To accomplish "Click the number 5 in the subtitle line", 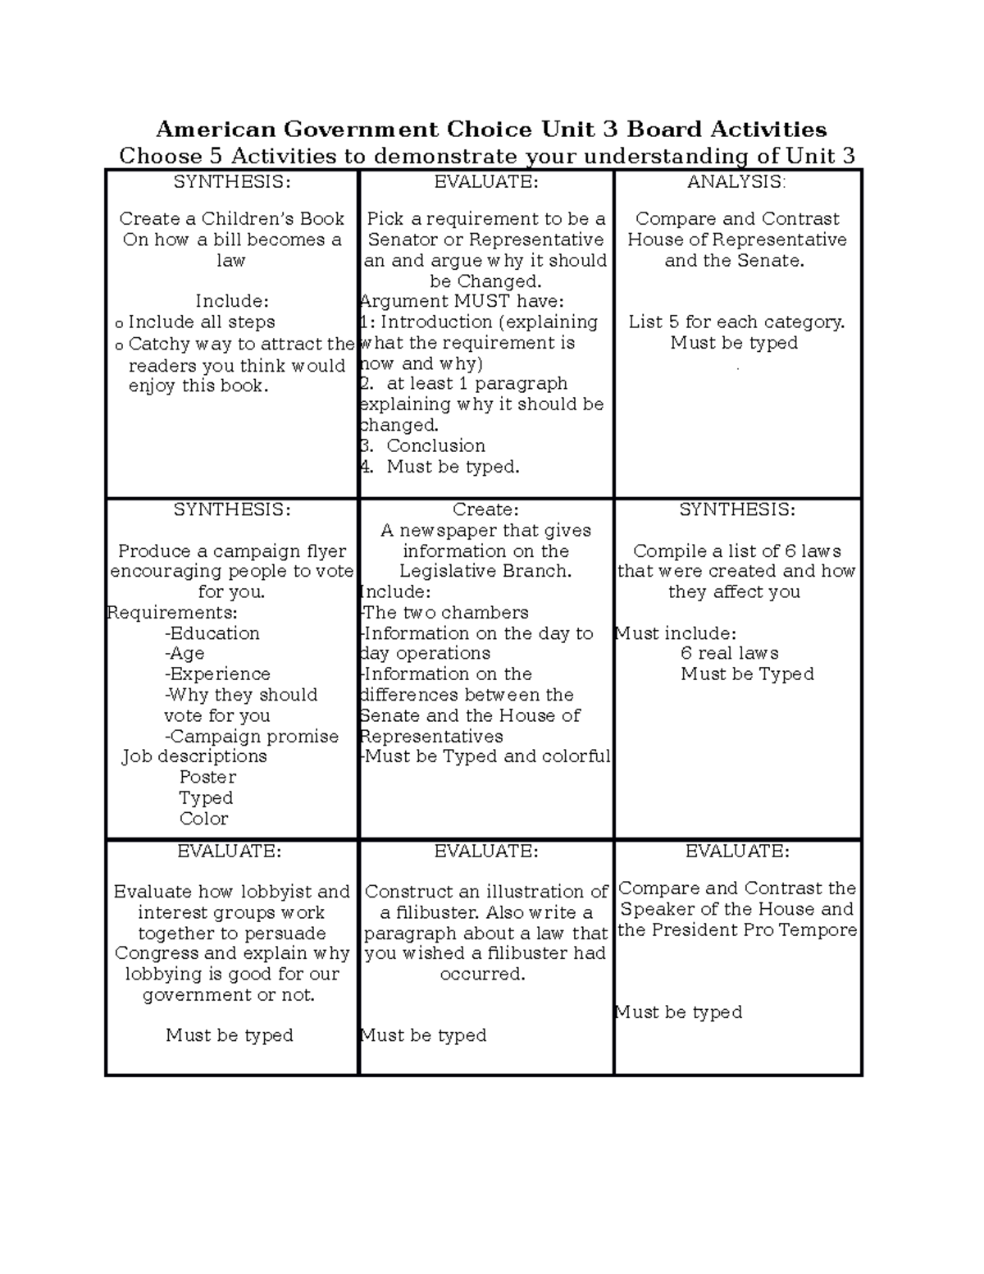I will pos(217,156).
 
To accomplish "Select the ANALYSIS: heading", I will pos(736,182).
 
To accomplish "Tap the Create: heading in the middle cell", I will pos(485,509).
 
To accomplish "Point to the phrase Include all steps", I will pos(201,322).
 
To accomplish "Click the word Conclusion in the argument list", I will pos(435,446).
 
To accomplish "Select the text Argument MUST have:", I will pos(462,302).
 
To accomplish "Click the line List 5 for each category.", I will pos(736,322).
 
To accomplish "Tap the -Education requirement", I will pos(212,633).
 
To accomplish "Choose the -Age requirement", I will pos(184,654).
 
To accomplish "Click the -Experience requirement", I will pos(217,674).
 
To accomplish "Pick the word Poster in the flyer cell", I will pos(207,777).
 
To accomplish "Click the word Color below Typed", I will pos(204,819).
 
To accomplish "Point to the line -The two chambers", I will pos(444,613).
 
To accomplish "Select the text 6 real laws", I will pos(729,654).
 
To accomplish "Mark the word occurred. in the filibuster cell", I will pos(482,975).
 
